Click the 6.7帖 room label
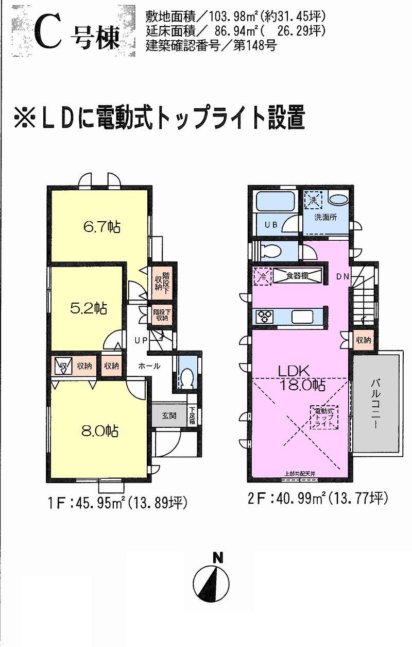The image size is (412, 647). [x=102, y=227]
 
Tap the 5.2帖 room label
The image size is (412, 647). [x=89, y=308]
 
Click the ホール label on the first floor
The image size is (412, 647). [x=149, y=366]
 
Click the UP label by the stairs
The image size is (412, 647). [x=142, y=340]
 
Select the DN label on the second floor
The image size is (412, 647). [x=343, y=277]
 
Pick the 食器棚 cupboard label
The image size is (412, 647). [x=298, y=276]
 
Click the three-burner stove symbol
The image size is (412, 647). [x=265, y=316]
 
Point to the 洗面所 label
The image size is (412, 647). [x=327, y=218]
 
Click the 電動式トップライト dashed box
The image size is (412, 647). [x=324, y=417]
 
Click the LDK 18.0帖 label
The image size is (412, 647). [x=301, y=377]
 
